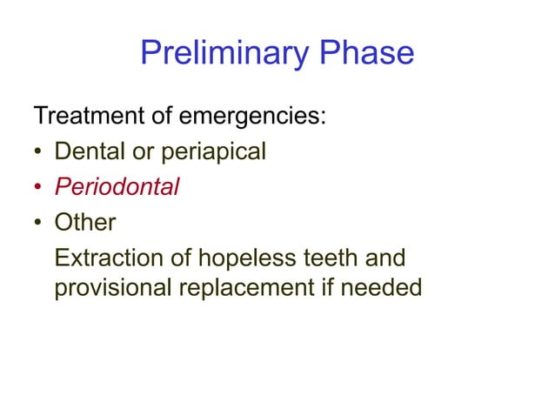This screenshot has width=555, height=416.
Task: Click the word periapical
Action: (x=210, y=151)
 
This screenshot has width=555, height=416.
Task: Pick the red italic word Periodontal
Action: (x=117, y=187)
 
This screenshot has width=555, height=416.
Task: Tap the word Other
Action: (x=84, y=223)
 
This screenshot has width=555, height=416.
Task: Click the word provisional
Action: (x=114, y=287)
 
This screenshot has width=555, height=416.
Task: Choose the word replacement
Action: (x=252, y=287)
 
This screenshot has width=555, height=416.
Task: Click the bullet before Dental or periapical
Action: (x=38, y=153)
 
